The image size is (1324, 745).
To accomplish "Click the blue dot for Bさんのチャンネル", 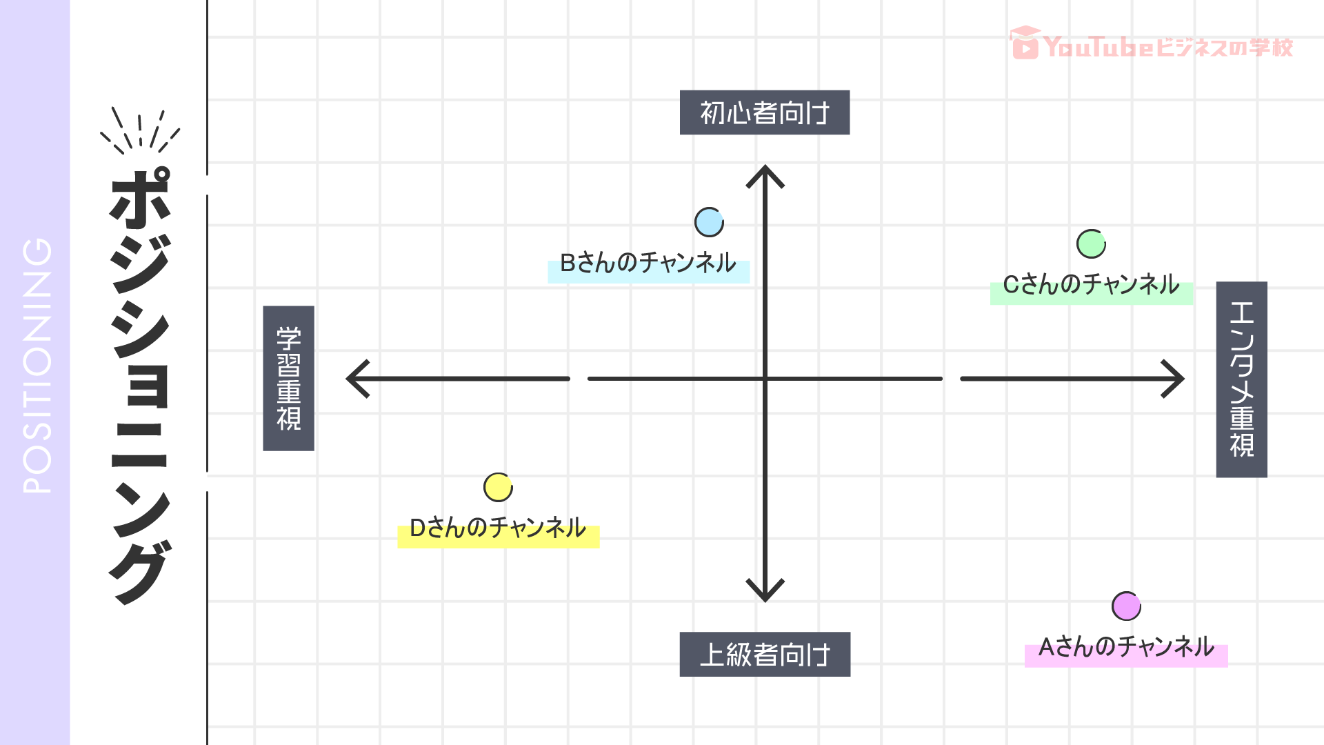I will pos(709,222).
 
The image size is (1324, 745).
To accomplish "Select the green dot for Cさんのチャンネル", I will pos(1091,244).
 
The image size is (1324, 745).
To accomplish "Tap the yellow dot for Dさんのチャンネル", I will pos(498,487).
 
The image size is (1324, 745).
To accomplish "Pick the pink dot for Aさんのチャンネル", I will pos(1126,606).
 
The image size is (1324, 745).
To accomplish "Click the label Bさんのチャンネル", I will pos(648,264).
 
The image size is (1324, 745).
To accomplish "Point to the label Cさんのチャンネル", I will pos(1091,285).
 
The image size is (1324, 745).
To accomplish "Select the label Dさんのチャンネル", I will pos(498,529).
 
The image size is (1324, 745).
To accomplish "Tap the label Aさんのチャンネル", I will pos(1126,648).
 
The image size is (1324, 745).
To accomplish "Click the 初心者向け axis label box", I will pos(765,112).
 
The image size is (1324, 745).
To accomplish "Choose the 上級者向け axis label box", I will pos(765,654).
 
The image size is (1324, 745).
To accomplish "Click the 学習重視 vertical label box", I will pos(288,378).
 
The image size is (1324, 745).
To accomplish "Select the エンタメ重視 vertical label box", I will pos(1241,379).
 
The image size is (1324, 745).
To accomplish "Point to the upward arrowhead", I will pos(765,174).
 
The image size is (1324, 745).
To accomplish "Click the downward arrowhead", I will pos(765,592).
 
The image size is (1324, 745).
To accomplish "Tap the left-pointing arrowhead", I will pos(357,379).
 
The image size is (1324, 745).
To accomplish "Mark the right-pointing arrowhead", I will pos(1175,379).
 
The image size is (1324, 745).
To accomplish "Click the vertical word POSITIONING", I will pos(37,366).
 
